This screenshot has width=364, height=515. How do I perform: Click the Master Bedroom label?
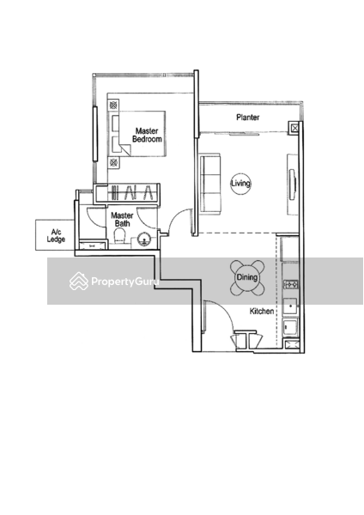[147, 135]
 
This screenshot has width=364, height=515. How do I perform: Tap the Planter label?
[248, 118]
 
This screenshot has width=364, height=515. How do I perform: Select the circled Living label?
[240, 183]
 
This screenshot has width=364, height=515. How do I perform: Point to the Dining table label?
[247, 277]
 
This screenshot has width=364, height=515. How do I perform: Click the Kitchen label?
[262, 311]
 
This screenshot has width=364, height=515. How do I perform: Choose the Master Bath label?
[122, 220]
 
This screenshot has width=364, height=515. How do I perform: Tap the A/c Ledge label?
[56, 236]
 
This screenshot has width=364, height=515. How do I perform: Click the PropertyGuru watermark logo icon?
[79, 282]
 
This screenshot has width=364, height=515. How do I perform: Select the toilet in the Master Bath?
[119, 237]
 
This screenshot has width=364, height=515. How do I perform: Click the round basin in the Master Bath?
[143, 239]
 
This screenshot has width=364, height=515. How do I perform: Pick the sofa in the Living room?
[210, 185]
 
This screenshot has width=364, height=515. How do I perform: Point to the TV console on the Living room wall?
[293, 185]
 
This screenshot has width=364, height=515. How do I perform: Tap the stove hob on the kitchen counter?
[291, 284]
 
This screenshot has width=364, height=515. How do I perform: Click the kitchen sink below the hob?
[290, 306]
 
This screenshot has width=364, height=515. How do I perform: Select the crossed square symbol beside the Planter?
[294, 128]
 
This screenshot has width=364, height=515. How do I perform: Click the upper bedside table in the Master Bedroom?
[113, 105]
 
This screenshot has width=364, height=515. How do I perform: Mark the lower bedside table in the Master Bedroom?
[113, 162]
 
